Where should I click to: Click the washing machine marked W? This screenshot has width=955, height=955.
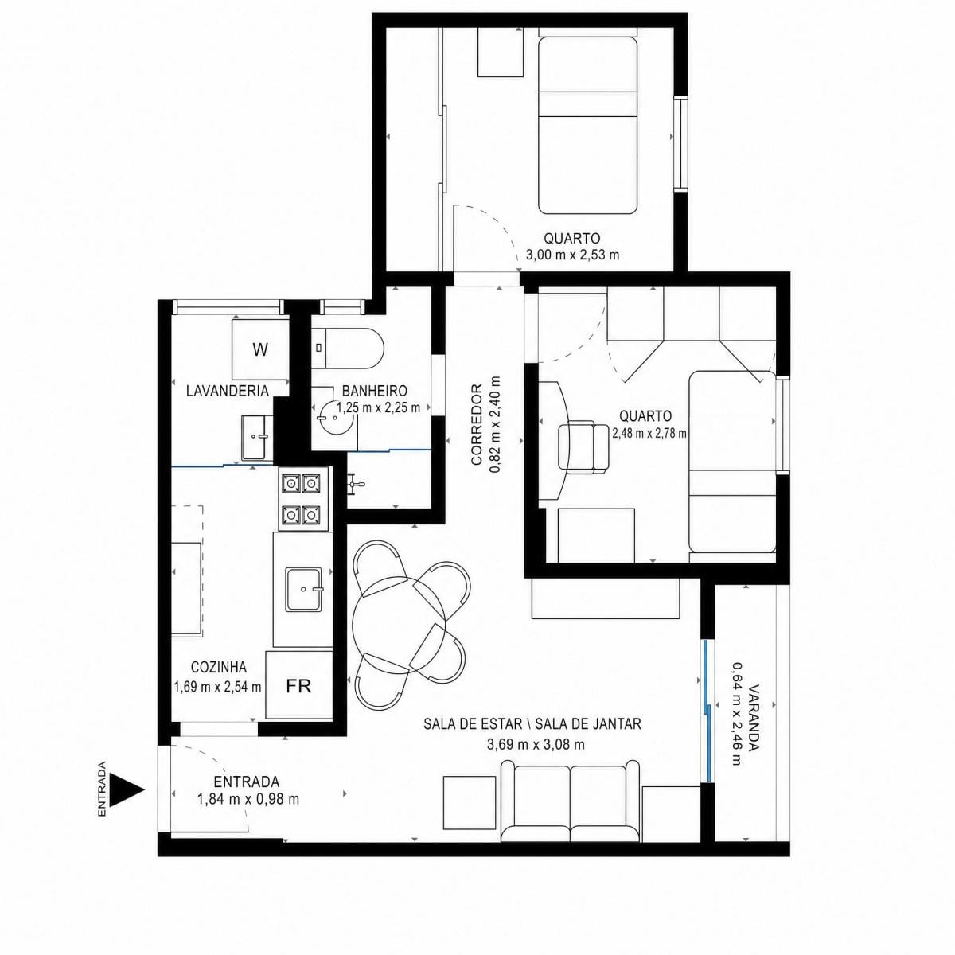point(260,350)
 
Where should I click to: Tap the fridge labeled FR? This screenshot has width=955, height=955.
point(299,686)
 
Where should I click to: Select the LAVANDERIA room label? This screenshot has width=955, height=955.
point(228,391)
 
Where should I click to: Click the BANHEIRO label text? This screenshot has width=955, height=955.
point(375,391)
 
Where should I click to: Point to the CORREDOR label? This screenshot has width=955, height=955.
point(477,424)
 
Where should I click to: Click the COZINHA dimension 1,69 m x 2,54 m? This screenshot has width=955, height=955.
point(217,687)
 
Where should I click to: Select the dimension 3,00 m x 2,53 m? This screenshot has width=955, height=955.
point(572,255)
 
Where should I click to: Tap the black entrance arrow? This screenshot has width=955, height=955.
point(127,790)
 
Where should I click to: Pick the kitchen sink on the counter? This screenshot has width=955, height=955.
point(304,589)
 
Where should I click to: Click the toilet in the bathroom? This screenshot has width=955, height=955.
point(349,348)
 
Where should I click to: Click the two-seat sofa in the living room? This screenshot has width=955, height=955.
point(571,801)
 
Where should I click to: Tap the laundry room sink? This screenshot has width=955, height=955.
point(257,438)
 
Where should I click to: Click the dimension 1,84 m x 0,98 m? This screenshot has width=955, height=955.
point(248,799)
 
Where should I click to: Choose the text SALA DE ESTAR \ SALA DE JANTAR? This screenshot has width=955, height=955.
point(532,723)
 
